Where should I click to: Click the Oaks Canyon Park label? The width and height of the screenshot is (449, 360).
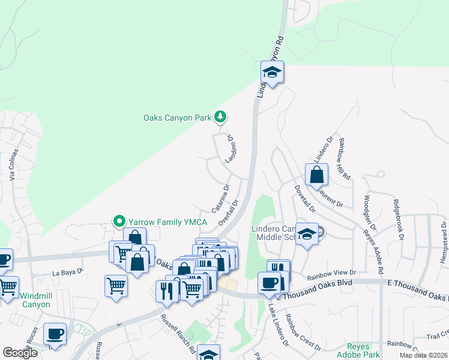coord(177,118)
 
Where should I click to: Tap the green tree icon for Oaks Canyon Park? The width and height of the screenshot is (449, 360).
coord(221,117)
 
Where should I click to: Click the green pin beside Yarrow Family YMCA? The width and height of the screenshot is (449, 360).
coord(119,222)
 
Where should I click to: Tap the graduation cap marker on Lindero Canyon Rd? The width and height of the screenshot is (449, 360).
coord(272,73)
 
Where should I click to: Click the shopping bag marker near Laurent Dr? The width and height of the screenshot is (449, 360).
coord(316,176)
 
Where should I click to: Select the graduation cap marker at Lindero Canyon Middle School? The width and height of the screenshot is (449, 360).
coord(307,234)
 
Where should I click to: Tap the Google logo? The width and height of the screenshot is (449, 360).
coord(20,353)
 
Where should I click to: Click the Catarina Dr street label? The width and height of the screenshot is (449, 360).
coord(220,199)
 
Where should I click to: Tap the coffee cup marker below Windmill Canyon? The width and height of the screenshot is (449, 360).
coord(55,334)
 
